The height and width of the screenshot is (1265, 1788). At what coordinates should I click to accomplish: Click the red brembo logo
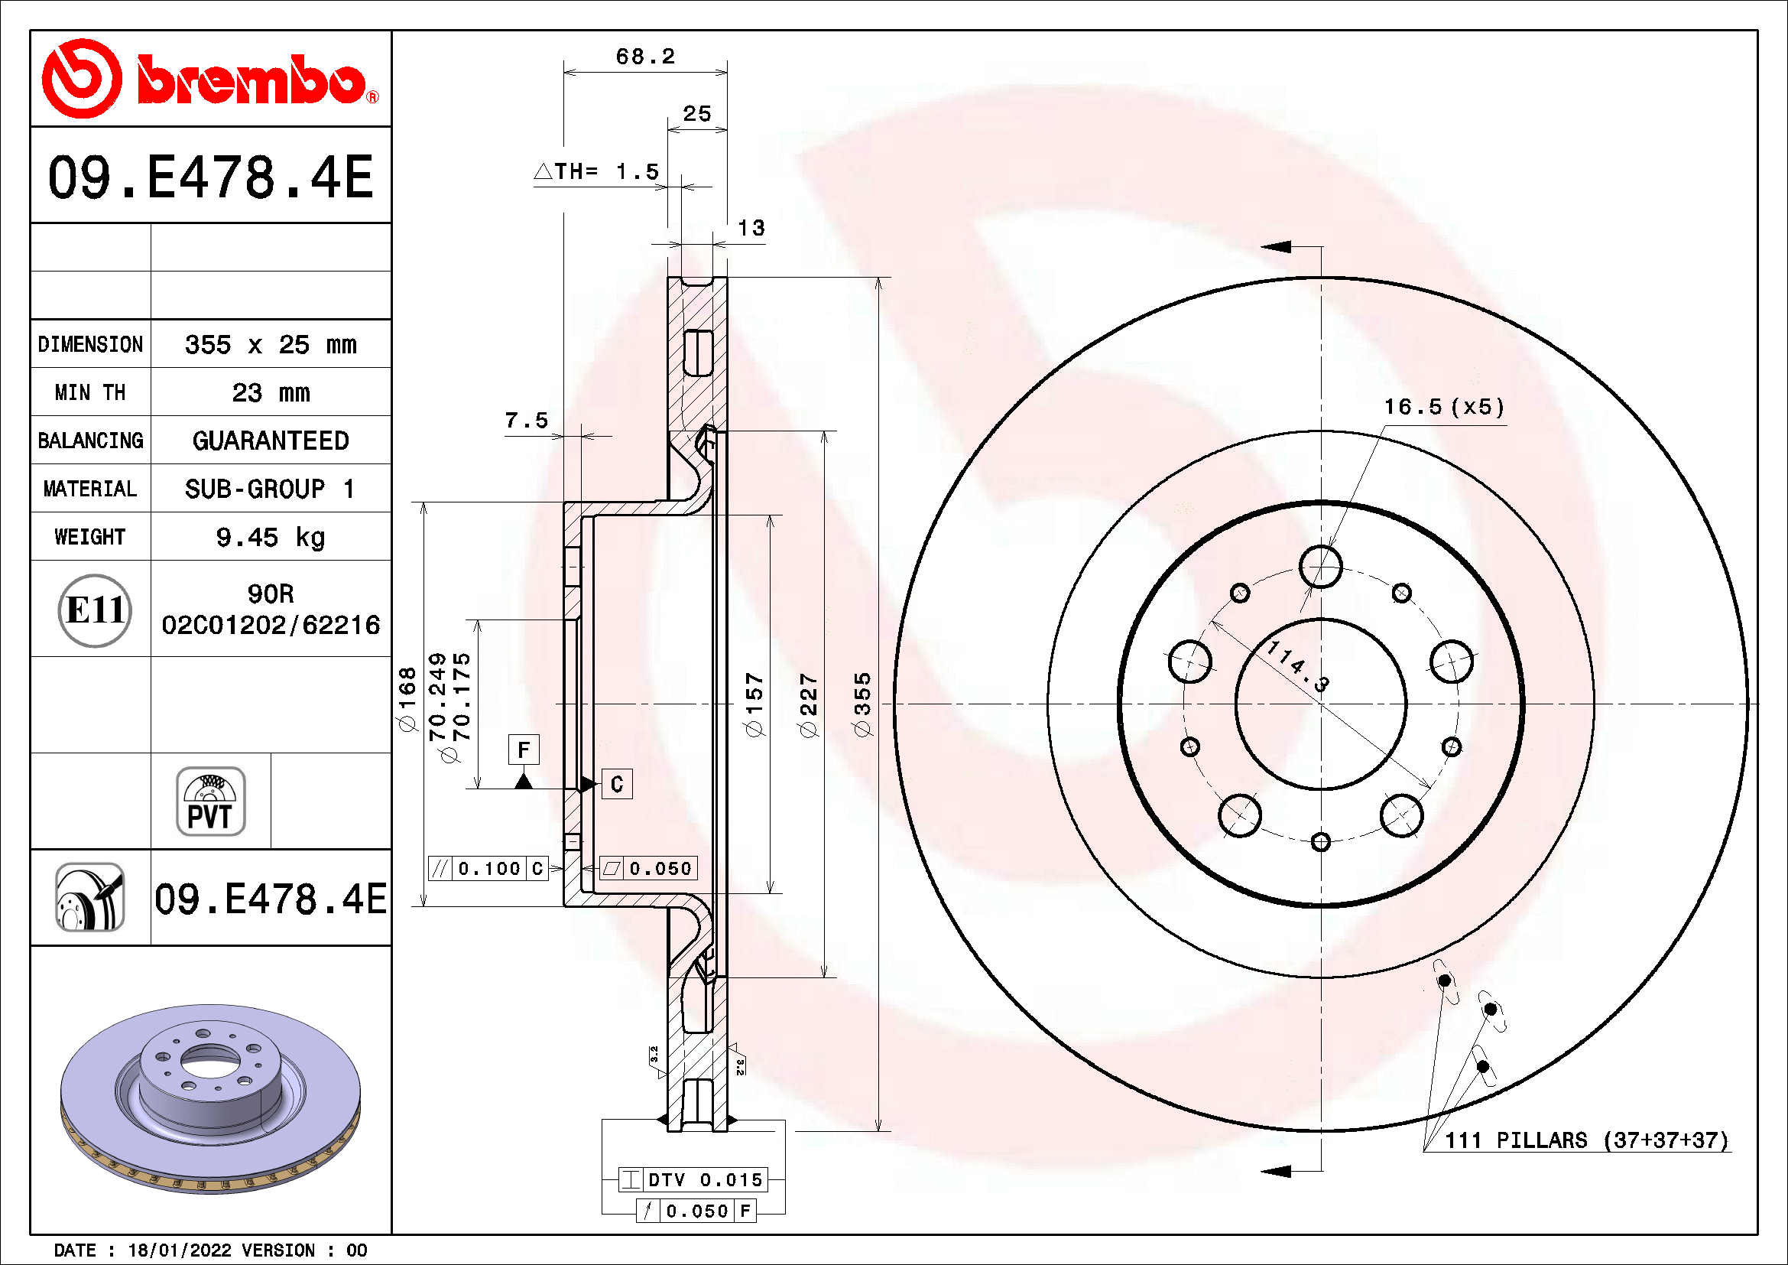pyautogui.click(x=210, y=80)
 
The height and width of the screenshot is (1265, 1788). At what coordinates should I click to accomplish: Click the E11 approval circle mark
pyautogui.click(x=94, y=610)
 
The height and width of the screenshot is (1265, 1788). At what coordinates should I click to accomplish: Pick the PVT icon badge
pyautogui.click(x=210, y=802)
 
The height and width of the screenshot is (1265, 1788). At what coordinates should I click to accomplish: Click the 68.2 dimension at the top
pyautogui.click(x=645, y=57)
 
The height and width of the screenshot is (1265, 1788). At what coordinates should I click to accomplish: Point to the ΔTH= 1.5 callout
pyautogui.click(x=597, y=171)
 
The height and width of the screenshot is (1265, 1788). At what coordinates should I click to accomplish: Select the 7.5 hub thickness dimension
pyautogui.click(x=527, y=421)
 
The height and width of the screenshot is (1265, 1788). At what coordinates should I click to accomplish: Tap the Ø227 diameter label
pyautogui.click(x=808, y=705)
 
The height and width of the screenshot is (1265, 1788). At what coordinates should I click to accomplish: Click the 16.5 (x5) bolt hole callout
pyautogui.click(x=1443, y=407)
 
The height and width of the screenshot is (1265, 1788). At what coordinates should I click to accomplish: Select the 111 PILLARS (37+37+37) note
pyautogui.click(x=1585, y=1140)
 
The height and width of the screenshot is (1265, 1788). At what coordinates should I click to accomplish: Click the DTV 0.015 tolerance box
pyautogui.click(x=693, y=1179)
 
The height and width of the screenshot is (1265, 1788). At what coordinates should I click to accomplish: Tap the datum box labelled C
pyautogui.click(x=617, y=784)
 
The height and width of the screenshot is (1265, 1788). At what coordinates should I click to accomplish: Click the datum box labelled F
pyautogui.click(x=524, y=750)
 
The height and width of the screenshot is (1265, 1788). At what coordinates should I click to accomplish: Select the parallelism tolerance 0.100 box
pyautogui.click(x=488, y=869)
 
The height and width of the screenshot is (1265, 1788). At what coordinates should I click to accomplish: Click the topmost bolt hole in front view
pyautogui.click(x=1321, y=566)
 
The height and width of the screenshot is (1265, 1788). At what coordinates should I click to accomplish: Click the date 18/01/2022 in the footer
pyautogui.click(x=179, y=1250)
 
